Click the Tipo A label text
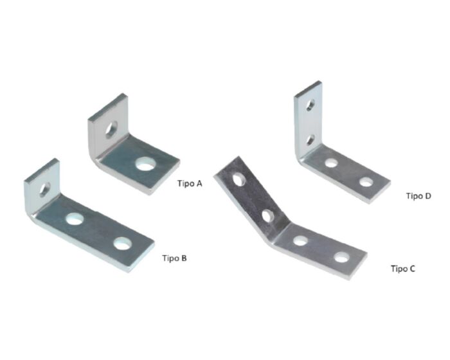(190, 183)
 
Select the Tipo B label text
(174, 258)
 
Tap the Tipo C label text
(402, 268)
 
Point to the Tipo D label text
(418, 195)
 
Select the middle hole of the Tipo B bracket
(75, 219)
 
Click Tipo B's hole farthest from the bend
(122, 244)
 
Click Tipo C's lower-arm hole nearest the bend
(300, 241)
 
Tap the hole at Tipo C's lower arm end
(341, 258)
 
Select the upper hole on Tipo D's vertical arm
(310, 106)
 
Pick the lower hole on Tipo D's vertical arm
(310, 138)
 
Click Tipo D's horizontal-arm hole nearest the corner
(331, 163)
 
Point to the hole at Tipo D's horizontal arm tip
(365, 182)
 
